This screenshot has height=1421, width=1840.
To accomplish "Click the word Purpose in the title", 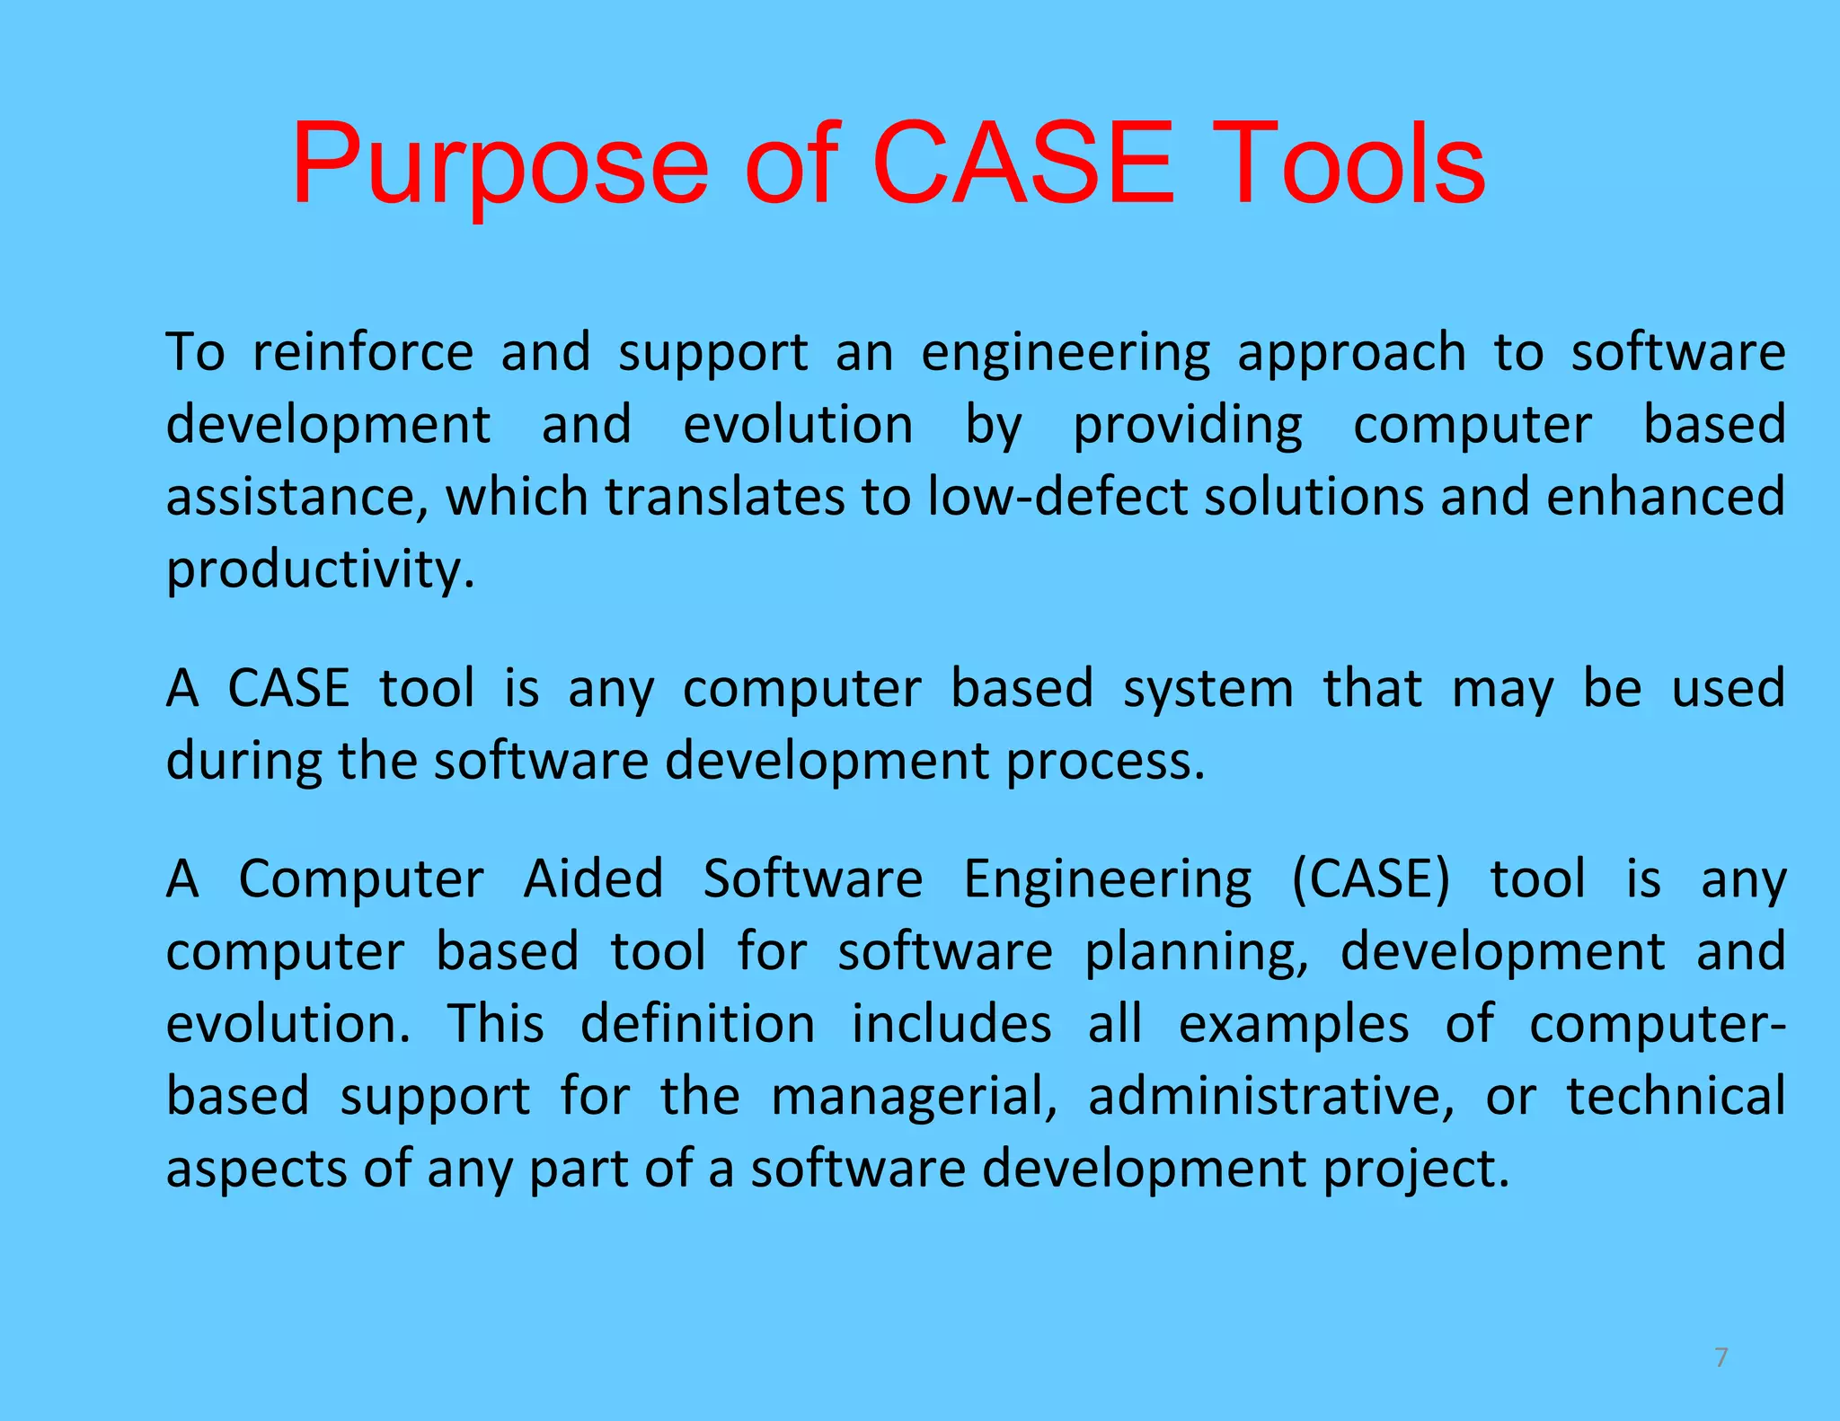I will (x=500, y=169).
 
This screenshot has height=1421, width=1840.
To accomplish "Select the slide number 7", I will (x=1721, y=1357).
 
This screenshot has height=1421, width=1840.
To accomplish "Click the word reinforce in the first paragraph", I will (x=362, y=352).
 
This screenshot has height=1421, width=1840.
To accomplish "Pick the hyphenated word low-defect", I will (x=1057, y=498).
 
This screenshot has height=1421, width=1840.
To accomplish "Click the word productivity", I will (x=320, y=571).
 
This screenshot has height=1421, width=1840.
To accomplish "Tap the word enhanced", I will (x=1665, y=498).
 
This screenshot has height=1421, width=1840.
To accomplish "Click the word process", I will (x=1104, y=763).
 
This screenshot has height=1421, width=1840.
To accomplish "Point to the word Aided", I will (x=593, y=878).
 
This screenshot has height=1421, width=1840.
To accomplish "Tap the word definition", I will (x=697, y=1024).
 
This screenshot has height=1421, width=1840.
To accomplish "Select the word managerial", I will (x=914, y=1098).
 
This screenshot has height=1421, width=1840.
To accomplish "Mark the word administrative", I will (x=1270, y=1098).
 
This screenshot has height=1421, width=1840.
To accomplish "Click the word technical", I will (x=1676, y=1096).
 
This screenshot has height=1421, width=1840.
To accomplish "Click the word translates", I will (x=724, y=498).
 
